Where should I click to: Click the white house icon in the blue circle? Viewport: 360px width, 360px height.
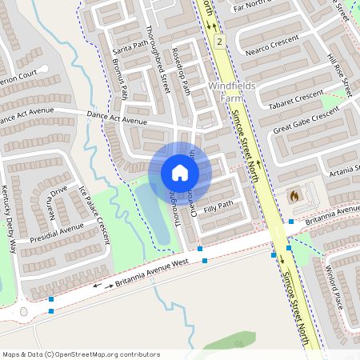click(180, 173)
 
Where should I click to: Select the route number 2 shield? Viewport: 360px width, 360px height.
click(219, 40)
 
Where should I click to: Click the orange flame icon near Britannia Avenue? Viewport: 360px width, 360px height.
click(293, 195)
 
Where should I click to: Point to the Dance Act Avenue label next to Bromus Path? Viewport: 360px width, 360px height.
click(117, 118)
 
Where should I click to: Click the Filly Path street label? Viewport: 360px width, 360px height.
click(218, 207)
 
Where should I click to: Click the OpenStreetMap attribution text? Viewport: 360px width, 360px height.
click(81, 354)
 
